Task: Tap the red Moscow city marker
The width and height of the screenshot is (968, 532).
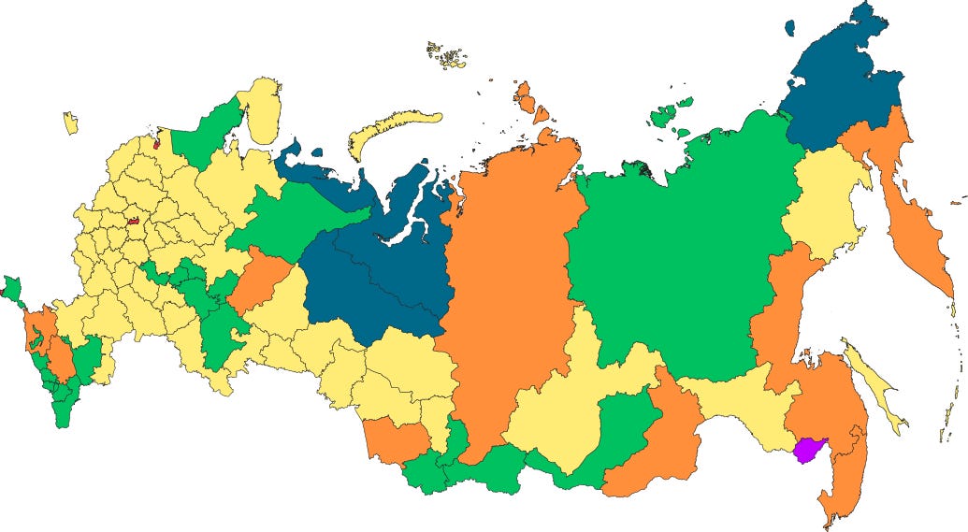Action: (x=133, y=223)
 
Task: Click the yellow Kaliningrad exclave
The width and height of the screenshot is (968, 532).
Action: (x=70, y=122)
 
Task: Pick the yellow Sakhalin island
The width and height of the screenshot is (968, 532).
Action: (x=874, y=383)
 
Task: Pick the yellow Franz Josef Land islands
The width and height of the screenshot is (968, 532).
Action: (x=447, y=55)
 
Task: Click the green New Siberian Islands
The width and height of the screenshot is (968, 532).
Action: (x=666, y=115)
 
